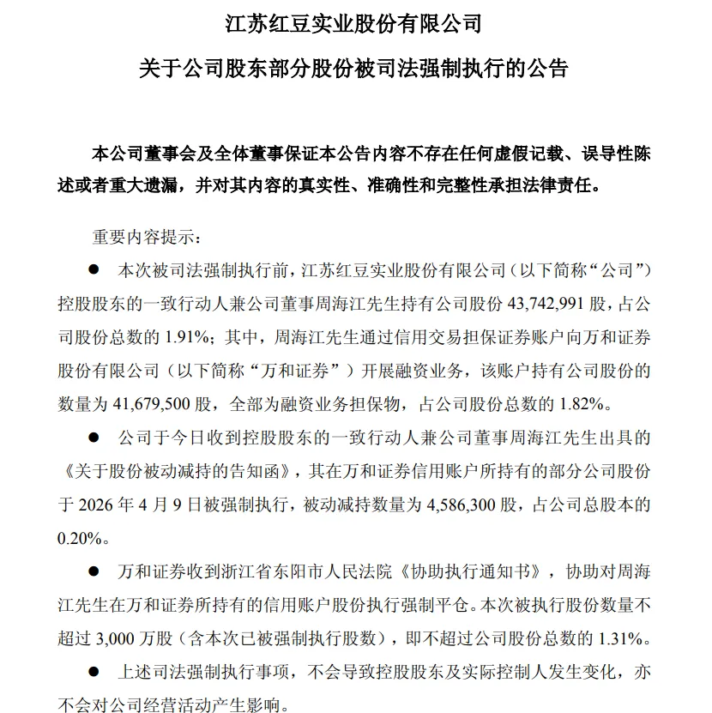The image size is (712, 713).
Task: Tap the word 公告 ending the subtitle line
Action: (548, 69)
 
